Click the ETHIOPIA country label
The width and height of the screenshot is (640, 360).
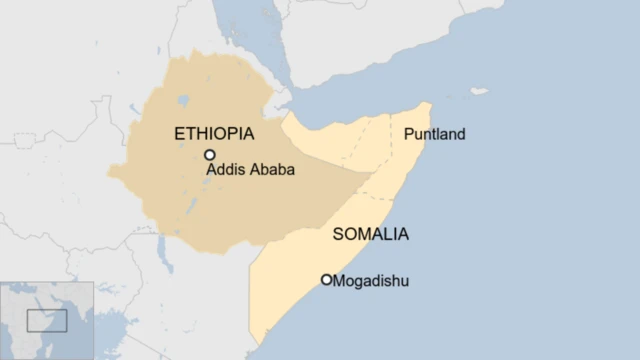tap(214, 133)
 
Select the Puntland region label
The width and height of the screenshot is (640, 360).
tap(434, 134)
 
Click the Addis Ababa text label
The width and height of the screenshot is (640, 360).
tap(251, 170)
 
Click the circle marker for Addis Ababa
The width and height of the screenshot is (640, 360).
tap(210, 155)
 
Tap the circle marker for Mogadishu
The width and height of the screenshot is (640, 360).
tap(326, 280)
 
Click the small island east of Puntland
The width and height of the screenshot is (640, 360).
tap(480, 91)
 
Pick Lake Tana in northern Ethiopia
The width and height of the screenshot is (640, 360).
tap(181, 100)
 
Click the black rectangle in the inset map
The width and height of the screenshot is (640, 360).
tap(47, 320)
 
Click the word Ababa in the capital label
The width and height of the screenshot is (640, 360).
tap(272, 170)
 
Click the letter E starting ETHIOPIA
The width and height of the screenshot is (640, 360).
tap(179, 133)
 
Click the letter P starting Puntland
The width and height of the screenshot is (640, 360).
tap(407, 134)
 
